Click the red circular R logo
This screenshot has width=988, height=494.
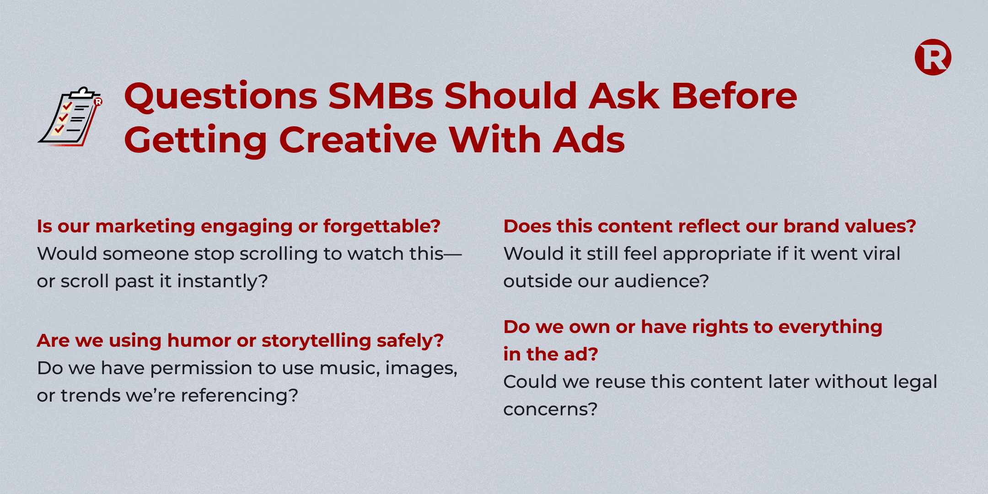coord(933,57)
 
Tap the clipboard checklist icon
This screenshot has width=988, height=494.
coord(70,117)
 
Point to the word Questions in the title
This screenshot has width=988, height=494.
coord(220,97)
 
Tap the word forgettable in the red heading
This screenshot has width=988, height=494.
coord(381,226)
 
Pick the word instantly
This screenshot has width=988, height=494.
coord(222,281)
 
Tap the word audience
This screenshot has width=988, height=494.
coord(661,281)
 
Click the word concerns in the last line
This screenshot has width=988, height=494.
coord(550,409)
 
